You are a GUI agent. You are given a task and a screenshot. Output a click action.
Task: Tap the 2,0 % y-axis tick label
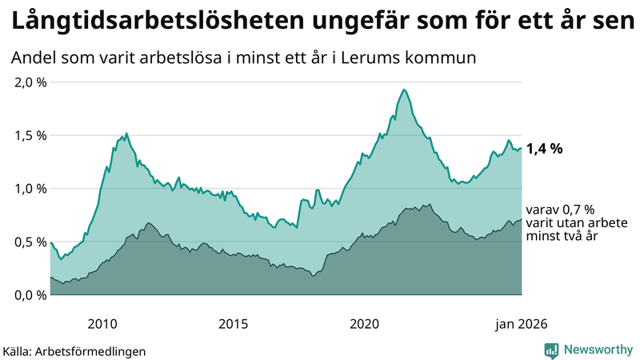tap(30, 82)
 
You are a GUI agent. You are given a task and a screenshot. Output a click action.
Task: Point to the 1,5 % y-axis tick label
tap(30, 135)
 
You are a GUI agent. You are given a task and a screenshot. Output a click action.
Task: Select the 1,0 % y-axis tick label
tap(30, 189)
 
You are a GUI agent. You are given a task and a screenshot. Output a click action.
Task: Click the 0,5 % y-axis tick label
tap(30, 242)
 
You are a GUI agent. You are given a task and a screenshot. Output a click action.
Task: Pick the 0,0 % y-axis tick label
tap(30, 295)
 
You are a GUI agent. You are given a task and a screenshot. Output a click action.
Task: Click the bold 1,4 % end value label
tap(545, 149)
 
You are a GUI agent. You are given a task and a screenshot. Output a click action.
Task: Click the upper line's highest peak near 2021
tap(404, 90)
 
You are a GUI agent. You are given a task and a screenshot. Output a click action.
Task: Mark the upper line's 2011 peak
tap(126, 133)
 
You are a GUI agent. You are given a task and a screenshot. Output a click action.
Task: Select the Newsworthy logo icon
tap(551, 350)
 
